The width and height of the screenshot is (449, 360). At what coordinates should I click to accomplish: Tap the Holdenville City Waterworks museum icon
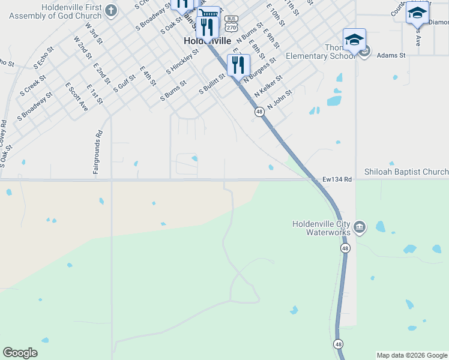click(x=359, y=227)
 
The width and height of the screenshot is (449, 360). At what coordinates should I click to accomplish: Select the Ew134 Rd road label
click(x=337, y=178)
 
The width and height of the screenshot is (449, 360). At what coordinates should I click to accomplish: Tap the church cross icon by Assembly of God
click(x=111, y=10)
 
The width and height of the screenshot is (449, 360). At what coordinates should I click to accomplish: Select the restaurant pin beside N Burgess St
click(x=238, y=64)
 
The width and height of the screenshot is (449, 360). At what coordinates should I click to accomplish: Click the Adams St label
click(x=391, y=55)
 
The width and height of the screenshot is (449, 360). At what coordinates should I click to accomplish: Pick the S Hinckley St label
click(x=182, y=61)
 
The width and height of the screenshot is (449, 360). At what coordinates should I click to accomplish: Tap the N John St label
click(x=280, y=99)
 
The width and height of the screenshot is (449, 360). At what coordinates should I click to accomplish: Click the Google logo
click(x=20, y=353)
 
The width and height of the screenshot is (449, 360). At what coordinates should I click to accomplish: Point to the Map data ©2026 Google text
click(x=412, y=355)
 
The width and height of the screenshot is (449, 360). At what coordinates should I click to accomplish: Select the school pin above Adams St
click(x=354, y=40)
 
